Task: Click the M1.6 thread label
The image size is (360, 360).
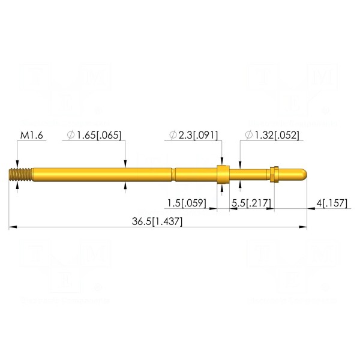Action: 31,135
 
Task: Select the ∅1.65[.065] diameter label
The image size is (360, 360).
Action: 94,135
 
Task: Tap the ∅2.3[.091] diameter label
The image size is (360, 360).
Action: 194,135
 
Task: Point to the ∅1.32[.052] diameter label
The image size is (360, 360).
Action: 272,135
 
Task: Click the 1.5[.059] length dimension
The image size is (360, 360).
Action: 187,203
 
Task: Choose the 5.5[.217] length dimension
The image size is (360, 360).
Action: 251,203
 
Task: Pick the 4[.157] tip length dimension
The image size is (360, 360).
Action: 332,203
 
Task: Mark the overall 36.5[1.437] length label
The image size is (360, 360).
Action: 157,221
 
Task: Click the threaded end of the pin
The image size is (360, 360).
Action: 20,175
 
